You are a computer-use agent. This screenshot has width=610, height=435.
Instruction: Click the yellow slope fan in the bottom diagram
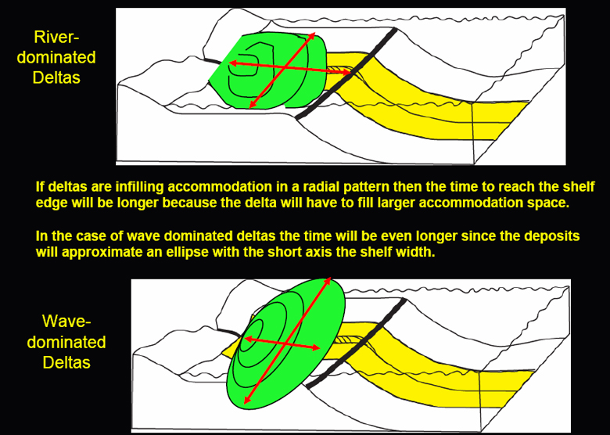click(438, 376)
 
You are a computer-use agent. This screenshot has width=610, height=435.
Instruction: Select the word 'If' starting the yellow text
click(40, 187)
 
